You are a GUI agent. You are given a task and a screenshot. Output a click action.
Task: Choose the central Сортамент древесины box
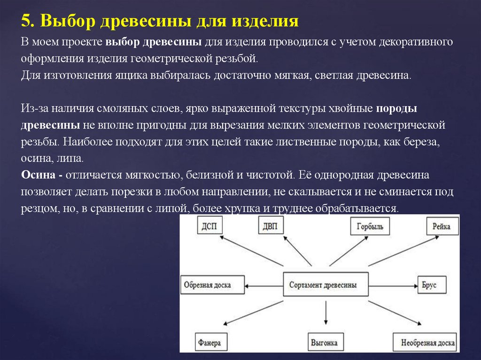point(323,285)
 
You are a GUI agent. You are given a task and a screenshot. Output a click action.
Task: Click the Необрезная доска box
point(425,342)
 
